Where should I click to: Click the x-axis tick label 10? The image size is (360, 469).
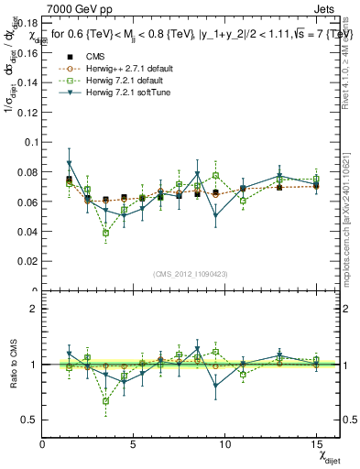click(x=225, y=444)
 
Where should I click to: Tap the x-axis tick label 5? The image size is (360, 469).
click(x=134, y=444)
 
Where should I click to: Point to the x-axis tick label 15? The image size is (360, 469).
click(x=316, y=444)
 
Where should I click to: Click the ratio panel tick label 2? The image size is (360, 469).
click(x=34, y=309)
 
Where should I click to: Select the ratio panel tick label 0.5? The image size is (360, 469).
click(x=30, y=420)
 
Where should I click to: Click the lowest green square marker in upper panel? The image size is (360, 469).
click(x=106, y=233)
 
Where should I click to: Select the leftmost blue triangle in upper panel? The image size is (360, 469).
click(x=70, y=164)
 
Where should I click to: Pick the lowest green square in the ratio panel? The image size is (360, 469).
click(x=106, y=400)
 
